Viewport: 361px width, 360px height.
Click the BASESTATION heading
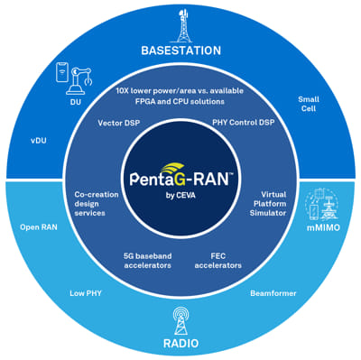[x=180, y=50]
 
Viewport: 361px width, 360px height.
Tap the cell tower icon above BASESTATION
[x=180, y=22]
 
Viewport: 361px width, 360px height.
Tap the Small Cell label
[x=309, y=105]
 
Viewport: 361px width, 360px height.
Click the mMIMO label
[x=322, y=234]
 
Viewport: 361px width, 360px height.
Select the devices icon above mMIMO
[x=322, y=205]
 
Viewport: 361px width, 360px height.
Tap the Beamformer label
[x=270, y=292]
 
